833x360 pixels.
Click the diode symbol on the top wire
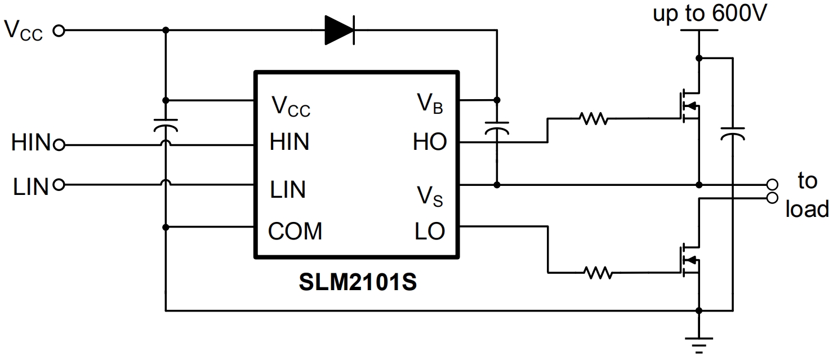coord(340,30)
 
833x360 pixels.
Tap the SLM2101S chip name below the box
coord(358,282)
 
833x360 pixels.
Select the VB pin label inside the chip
coord(430,104)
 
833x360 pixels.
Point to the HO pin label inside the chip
coord(429,143)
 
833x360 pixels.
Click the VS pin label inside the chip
coord(429,195)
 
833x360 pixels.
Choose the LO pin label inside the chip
coord(430,230)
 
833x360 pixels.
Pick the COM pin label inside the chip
coord(295,231)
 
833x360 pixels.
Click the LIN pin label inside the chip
coord(288,190)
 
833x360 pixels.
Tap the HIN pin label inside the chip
coord(289,142)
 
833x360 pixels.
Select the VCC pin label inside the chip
coord(291,105)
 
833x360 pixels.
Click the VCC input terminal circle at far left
coord(59,30)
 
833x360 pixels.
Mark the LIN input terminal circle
coord(60,184)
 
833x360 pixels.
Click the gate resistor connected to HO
coord(593,119)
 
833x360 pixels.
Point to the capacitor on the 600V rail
coord(733,133)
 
